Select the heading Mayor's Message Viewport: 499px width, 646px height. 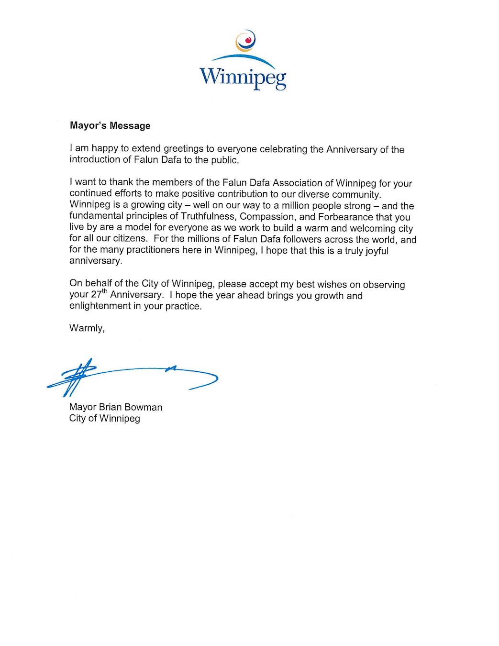(110, 126)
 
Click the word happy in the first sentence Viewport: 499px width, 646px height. (104, 149)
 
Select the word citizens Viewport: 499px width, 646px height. (131, 238)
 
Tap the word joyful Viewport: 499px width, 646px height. (377, 250)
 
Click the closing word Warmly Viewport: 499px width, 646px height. (86, 328)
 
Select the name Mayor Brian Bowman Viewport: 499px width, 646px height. (116, 407)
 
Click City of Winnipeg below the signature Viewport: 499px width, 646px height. (105, 419)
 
